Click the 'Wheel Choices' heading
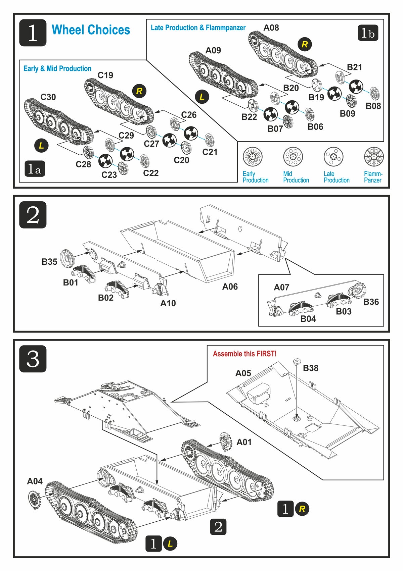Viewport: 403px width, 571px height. click(x=91, y=30)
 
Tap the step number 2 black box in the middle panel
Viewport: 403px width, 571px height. click(x=33, y=215)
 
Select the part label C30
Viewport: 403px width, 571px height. click(x=48, y=97)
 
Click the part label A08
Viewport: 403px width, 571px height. click(x=271, y=28)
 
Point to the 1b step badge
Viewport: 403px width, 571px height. click(x=368, y=33)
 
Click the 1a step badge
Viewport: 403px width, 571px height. click(x=35, y=169)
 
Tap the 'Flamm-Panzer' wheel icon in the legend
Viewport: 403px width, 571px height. click(x=373, y=157)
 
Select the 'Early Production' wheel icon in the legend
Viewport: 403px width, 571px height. click(x=252, y=157)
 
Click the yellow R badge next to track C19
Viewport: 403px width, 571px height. click(x=139, y=91)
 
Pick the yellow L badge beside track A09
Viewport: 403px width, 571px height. click(x=202, y=97)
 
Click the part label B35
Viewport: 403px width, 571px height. click(x=49, y=262)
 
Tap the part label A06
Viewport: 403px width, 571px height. click(x=230, y=287)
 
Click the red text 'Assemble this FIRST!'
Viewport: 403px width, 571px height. click(x=244, y=354)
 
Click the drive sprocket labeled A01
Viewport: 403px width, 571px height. click(x=225, y=442)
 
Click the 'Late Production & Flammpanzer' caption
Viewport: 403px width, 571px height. click(x=198, y=28)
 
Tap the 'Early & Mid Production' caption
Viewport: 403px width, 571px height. click(x=57, y=69)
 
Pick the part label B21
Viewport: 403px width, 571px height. click(x=354, y=67)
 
